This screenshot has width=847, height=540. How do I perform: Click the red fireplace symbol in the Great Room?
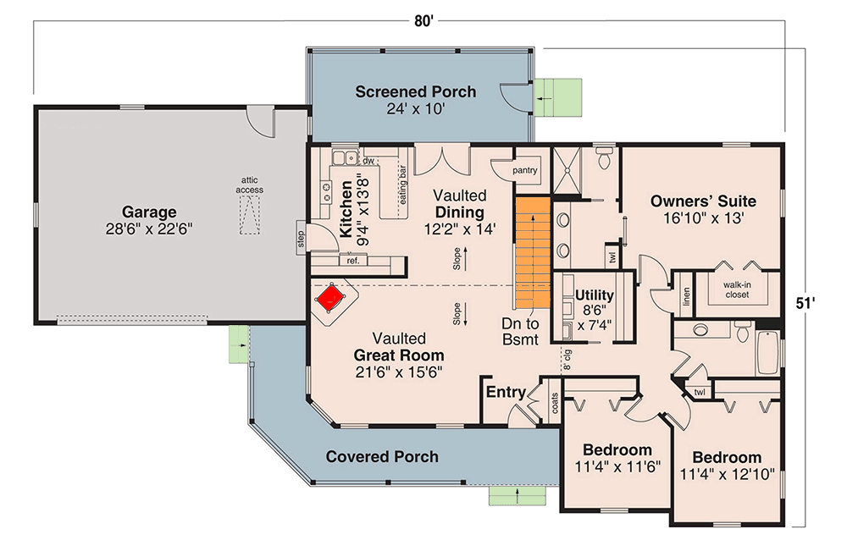(x=330, y=297)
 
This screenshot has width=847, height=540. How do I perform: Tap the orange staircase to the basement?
(x=532, y=252)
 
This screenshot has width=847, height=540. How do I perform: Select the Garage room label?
(x=148, y=212)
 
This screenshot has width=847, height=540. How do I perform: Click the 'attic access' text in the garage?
(x=249, y=185)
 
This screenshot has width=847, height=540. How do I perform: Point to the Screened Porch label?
(x=415, y=91)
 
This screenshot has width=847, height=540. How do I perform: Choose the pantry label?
(x=525, y=170)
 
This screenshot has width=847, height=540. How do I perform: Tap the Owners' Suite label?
(x=702, y=201)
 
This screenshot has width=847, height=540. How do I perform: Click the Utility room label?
(x=594, y=295)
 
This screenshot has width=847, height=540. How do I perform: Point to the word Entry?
(x=505, y=393)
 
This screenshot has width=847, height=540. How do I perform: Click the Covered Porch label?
(x=382, y=457)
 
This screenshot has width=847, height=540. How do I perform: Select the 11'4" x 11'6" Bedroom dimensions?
(x=617, y=466)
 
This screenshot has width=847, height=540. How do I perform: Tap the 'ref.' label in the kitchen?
(x=352, y=261)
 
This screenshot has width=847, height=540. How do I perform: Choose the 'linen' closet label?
(x=685, y=295)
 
